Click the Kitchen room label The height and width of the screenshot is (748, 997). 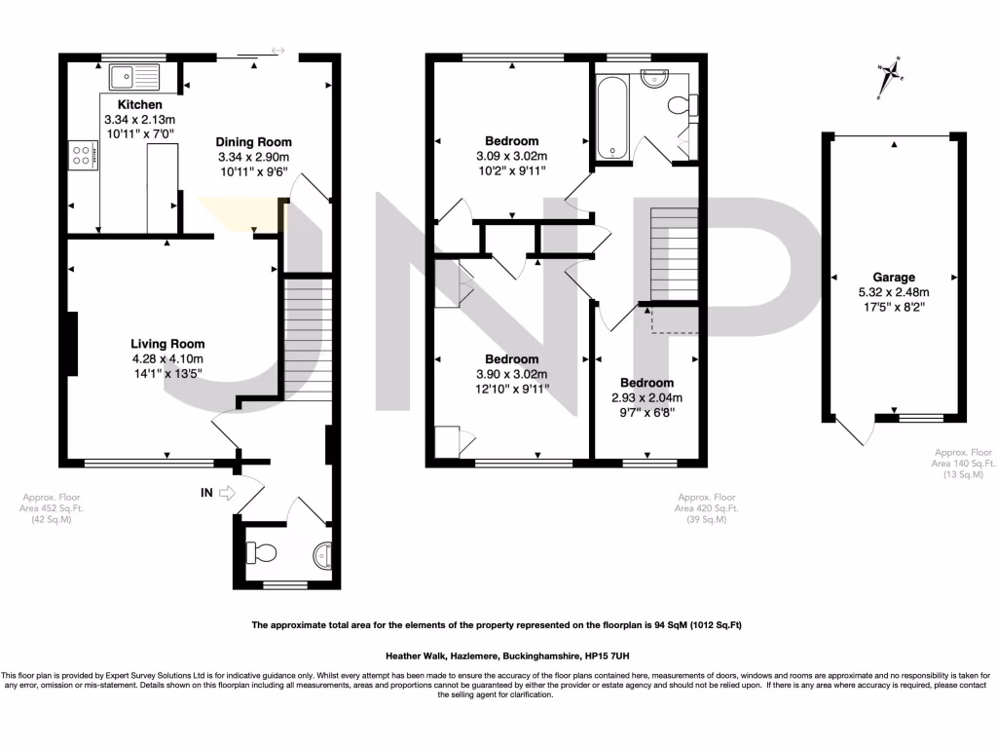click(x=140, y=104)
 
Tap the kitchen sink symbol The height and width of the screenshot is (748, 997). click(x=134, y=76)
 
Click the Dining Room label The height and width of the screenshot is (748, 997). click(x=253, y=141)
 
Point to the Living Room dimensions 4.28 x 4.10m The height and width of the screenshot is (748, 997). click(x=167, y=357)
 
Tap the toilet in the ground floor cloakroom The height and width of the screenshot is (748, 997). click(x=262, y=552)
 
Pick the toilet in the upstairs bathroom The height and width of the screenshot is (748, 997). click(x=680, y=104)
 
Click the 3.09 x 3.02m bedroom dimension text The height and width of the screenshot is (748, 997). click(x=511, y=156)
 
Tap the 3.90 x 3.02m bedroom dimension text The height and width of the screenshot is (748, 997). click(x=511, y=374)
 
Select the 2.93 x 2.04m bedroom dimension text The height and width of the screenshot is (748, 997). click(x=646, y=397)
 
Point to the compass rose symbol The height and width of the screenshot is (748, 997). click(x=888, y=78)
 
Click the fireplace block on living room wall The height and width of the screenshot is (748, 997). click(x=73, y=343)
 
